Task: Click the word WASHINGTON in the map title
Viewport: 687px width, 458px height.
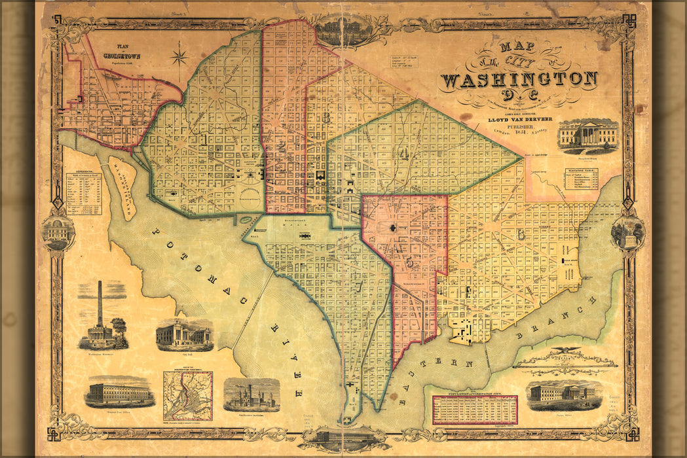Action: coord(519,80)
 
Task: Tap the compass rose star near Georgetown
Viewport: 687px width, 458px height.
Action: coord(179,56)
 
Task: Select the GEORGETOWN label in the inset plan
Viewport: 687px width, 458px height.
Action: coord(121,57)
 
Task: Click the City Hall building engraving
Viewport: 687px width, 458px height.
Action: coord(184,336)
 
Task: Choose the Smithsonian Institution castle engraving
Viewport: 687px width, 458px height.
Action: coord(251,395)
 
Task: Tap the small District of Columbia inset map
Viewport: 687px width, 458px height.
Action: coord(188,395)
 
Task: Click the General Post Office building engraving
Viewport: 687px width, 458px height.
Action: coord(119,393)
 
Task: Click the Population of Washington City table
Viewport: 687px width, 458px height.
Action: coord(475,410)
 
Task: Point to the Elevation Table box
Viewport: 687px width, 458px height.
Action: coord(581,179)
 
